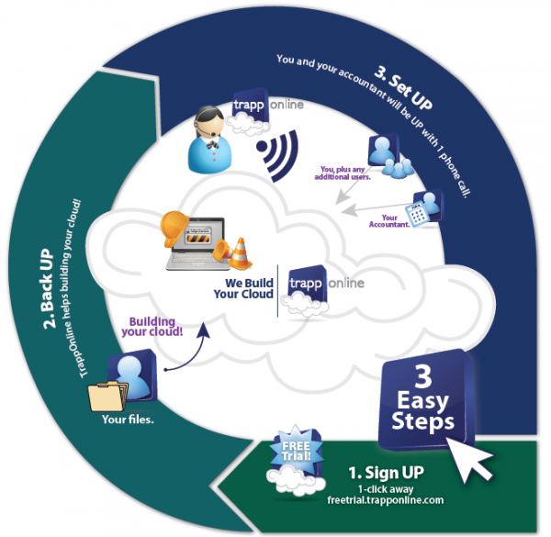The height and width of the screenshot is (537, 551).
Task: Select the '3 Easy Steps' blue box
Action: pos(422,400)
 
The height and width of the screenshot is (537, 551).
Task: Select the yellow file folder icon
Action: pos(106,397)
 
